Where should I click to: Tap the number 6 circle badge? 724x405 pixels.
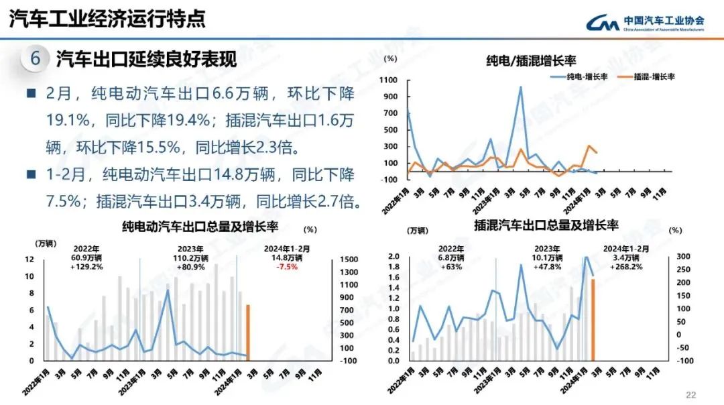point(36,59)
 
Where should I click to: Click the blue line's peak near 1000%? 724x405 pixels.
point(520,86)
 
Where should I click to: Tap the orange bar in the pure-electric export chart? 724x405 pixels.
point(248,333)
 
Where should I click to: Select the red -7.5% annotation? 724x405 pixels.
point(286,266)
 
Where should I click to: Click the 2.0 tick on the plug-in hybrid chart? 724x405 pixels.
point(394,257)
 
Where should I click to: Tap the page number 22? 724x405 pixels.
point(691,394)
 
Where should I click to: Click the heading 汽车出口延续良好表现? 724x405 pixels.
point(146,59)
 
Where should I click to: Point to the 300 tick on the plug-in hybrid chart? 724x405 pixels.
point(683,257)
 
